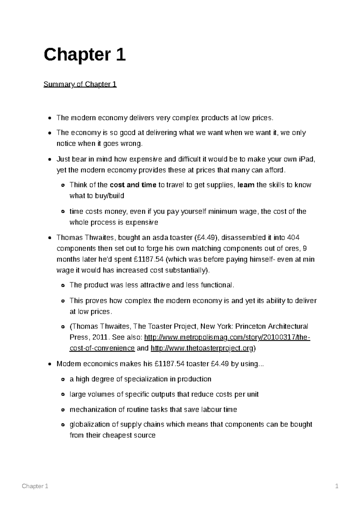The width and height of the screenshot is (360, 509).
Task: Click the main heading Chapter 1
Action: tap(85, 55)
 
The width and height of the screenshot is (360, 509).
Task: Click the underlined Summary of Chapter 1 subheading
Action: tap(80, 84)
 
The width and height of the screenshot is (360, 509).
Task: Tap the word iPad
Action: tap(307, 159)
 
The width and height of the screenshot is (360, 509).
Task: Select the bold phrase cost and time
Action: tap(133, 185)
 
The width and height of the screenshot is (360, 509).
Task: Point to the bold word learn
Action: tap(246, 185)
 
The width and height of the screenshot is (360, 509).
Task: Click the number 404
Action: tap(293, 238)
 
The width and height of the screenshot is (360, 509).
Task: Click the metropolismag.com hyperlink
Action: tap(227, 338)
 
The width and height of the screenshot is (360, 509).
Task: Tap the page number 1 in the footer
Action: tap(337, 486)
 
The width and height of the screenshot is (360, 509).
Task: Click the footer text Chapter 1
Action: tap(35, 486)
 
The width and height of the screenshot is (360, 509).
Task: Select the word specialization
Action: tap(146, 379)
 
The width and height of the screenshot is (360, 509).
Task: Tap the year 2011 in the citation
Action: tap(100, 338)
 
